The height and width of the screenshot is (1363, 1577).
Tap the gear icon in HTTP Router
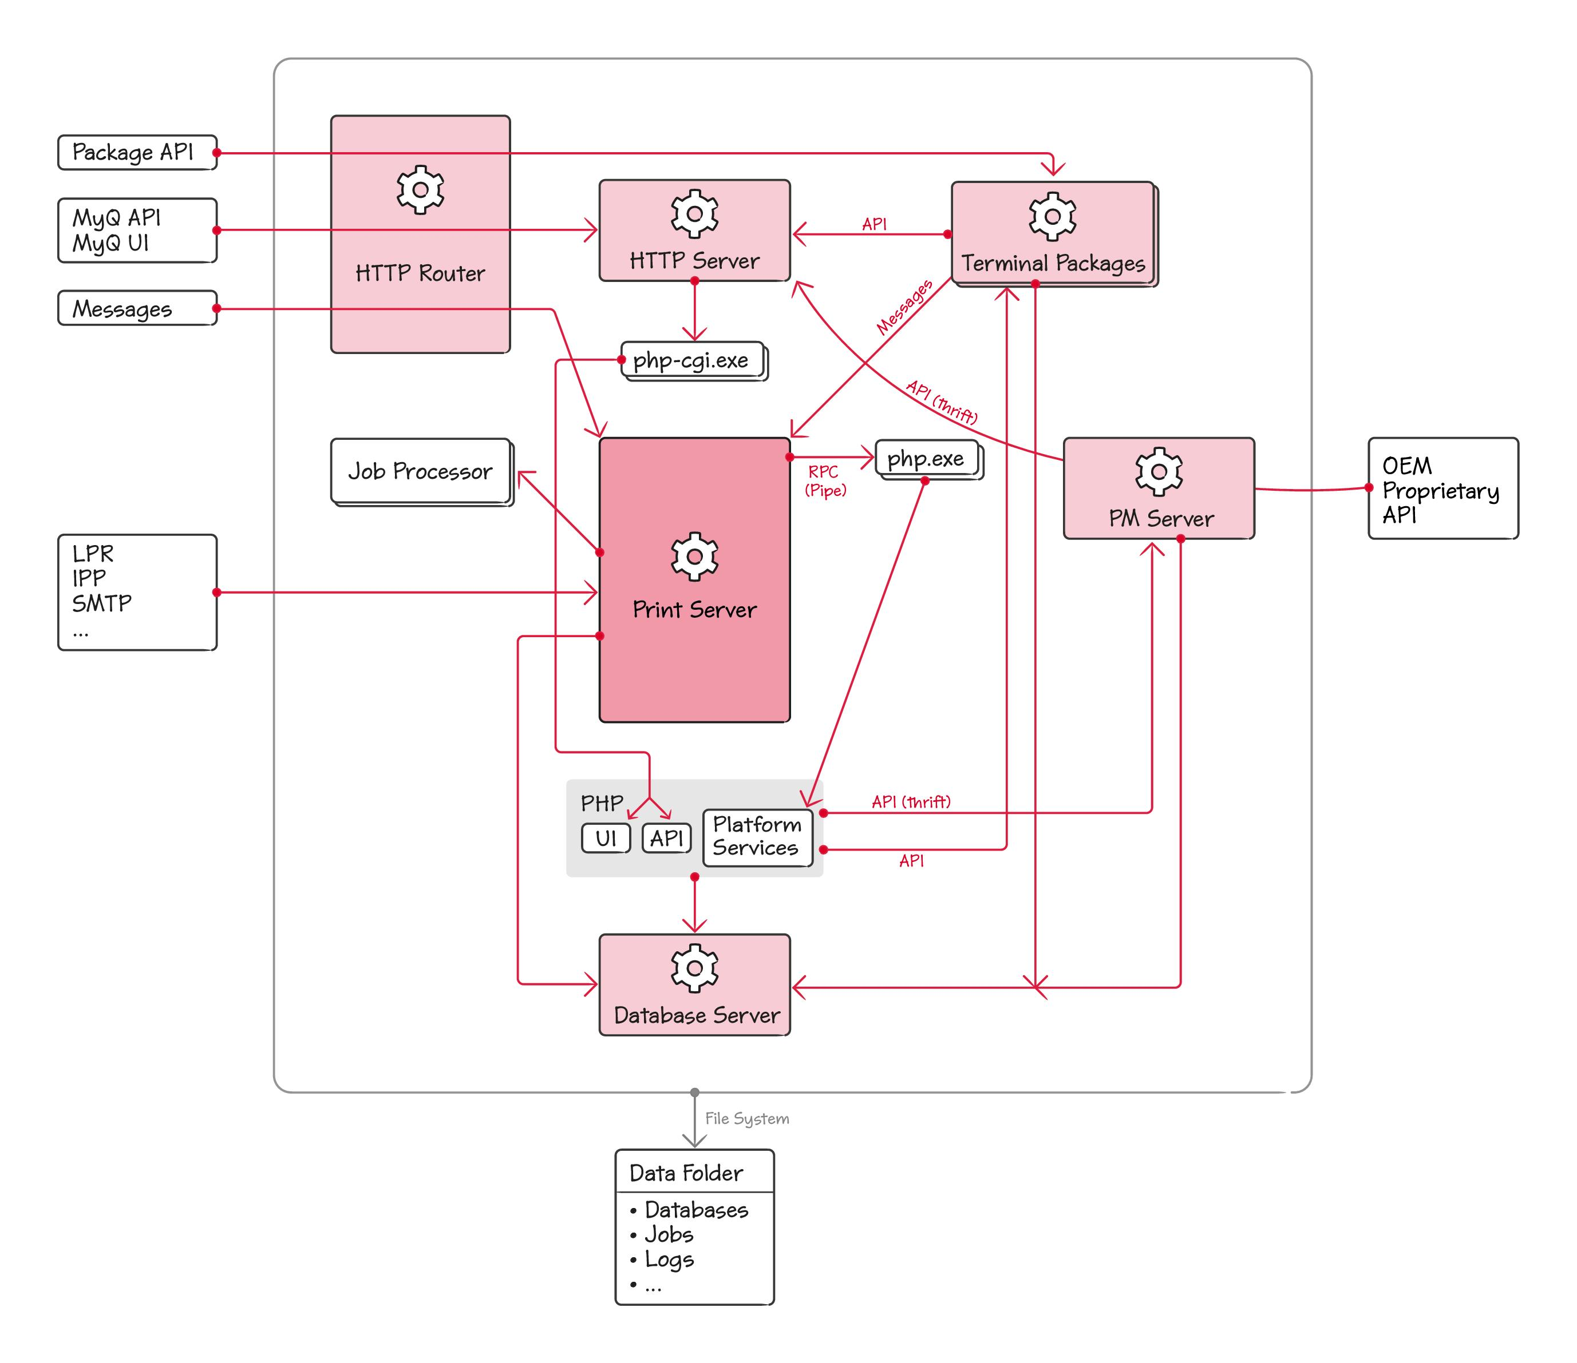pos(420,189)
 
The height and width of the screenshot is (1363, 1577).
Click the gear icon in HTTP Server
pos(694,214)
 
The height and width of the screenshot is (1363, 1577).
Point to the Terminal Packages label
pos(1053,263)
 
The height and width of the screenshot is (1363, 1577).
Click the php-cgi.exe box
pos(691,360)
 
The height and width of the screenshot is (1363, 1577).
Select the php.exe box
pos(926,459)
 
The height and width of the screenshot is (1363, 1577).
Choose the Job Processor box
pos(420,471)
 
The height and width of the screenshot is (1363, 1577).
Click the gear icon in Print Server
pos(694,557)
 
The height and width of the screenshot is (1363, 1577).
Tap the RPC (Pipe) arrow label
pos(825,480)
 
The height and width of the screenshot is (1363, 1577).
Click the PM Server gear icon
pos(1159,471)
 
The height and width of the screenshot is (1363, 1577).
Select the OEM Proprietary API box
pos(1442,488)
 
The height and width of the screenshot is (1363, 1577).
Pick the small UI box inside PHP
pos(606,838)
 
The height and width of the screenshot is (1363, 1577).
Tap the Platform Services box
pos(757,837)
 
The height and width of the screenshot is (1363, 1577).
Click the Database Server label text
pos(697,1015)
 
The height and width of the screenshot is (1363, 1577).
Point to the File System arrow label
pos(746,1118)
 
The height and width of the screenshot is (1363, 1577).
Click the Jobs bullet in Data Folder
pos(668,1234)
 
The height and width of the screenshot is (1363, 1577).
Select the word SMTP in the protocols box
pos(102,603)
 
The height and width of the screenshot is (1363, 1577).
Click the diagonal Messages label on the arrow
pos(904,307)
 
